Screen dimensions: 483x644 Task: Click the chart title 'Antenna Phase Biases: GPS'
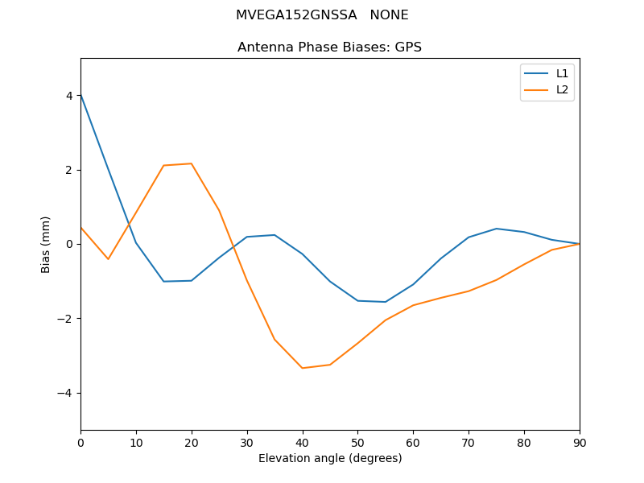tap(329, 47)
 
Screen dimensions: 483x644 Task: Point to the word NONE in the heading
tap(389, 15)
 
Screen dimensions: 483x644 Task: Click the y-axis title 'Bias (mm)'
tap(46, 244)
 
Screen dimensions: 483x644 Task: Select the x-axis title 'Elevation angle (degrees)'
tap(329, 459)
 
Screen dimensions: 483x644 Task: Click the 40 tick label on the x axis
tap(302, 442)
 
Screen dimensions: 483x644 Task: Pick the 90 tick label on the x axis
tap(580, 442)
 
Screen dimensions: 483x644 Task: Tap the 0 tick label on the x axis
tap(80, 442)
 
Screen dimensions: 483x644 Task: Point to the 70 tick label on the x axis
tap(469, 442)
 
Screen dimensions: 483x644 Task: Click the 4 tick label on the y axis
tap(69, 96)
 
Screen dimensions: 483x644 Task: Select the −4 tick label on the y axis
tap(66, 393)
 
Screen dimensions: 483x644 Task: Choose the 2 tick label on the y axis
tap(69, 170)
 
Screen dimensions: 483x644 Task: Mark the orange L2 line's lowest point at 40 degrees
tap(302, 368)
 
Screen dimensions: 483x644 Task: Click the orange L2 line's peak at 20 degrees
tap(192, 163)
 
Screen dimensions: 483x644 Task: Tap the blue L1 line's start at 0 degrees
tap(80, 95)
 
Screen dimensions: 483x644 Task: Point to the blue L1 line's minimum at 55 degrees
tap(386, 302)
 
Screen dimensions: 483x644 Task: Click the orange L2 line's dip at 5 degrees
tap(108, 259)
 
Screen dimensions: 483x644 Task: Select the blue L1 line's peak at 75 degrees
tap(497, 229)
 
